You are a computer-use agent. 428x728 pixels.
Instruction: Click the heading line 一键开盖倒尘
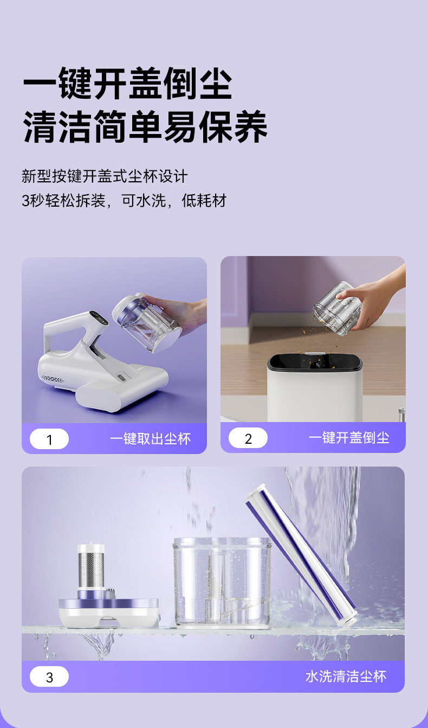(x=128, y=83)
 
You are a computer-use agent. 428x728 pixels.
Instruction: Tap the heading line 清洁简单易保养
(x=145, y=127)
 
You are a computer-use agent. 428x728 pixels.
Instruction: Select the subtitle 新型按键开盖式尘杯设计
(x=105, y=176)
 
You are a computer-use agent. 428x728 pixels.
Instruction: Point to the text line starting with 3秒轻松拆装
(x=124, y=200)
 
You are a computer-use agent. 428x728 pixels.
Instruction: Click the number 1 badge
(x=49, y=439)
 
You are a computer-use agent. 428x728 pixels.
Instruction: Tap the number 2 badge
(x=248, y=438)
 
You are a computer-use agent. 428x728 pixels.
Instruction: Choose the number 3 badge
(x=49, y=676)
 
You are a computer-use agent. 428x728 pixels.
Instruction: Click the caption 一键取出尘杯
(x=150, y=439)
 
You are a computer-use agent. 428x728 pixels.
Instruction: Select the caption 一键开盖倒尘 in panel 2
(x=349, y=438)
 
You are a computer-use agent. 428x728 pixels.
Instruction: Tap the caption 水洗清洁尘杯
(x=346, y=676)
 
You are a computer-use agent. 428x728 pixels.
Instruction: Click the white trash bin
(x=314, y=388)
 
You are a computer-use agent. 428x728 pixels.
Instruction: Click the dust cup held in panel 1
(x=146, y=322)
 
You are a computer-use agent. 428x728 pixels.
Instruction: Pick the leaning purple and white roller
(x=301, y=554)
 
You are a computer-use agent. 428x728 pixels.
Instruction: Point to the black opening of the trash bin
(x=314, y=362)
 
